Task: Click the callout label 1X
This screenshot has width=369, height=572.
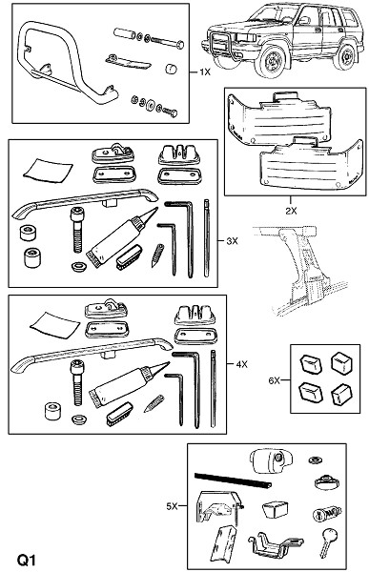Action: [x=205, y=72]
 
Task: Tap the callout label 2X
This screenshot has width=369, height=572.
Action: [x=291, y=211]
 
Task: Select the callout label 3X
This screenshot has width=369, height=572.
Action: [x=232, y=241]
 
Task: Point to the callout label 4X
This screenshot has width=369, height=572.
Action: [x=241, y=364]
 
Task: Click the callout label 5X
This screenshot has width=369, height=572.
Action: [x=172, y=506]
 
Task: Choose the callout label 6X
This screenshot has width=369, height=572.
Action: [x=274, y=380]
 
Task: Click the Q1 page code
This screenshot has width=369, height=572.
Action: [x=27, y=560]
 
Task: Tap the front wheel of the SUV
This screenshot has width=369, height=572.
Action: [x=271, y=61]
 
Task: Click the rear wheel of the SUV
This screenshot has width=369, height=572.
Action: [x=345, y=57]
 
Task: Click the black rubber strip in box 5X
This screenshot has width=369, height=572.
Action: [x=233, y=480]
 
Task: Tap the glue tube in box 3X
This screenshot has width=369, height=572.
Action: [x=121, y=236]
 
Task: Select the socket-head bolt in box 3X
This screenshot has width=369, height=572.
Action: [x=78, y=230]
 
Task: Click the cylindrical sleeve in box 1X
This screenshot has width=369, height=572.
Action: [x=124, y=33]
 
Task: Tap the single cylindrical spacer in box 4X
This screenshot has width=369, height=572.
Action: [x=53, y=412]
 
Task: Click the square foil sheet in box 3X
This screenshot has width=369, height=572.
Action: [x=48, y=170]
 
